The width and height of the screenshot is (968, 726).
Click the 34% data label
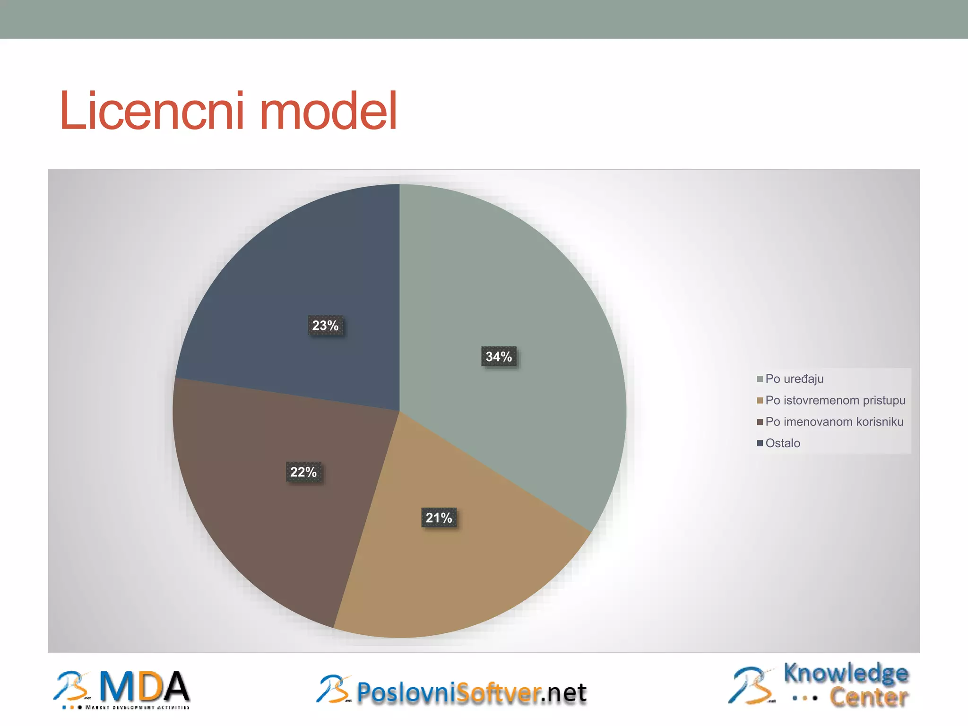499,356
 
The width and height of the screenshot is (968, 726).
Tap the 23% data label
325,326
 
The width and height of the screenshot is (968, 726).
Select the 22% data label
303,472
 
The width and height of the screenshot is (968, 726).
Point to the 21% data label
439,518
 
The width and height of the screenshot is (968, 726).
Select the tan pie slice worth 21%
454,567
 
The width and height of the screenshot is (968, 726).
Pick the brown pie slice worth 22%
265,510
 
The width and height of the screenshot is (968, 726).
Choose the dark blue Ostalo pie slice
302,274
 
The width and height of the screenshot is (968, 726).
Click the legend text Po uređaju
794,379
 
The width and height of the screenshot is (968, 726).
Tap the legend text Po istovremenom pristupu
835,400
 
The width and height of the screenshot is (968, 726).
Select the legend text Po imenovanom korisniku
834,422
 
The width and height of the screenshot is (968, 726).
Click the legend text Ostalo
783,443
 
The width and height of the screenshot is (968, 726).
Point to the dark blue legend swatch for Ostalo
760,443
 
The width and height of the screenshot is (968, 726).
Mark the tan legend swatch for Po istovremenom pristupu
760,400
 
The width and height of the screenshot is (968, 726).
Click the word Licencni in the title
151,112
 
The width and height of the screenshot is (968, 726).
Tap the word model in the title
328,112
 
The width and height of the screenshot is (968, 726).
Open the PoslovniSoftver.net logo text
471,693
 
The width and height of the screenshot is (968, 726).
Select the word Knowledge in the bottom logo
846,673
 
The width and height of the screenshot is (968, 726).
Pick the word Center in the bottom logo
869,697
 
